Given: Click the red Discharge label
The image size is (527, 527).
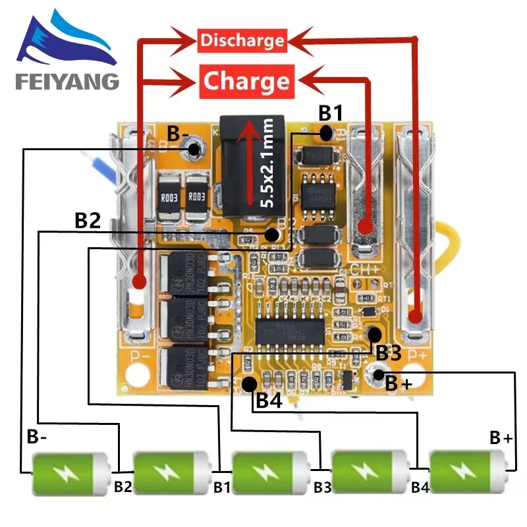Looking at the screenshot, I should click(242, 41).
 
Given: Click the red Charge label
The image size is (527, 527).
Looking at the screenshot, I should click(246, 82).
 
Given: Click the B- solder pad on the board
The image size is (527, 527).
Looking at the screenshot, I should click(194, 150).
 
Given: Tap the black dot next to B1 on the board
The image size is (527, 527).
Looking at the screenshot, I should click(327, 134).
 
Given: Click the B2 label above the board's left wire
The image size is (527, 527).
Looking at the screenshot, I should click(87, 221).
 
